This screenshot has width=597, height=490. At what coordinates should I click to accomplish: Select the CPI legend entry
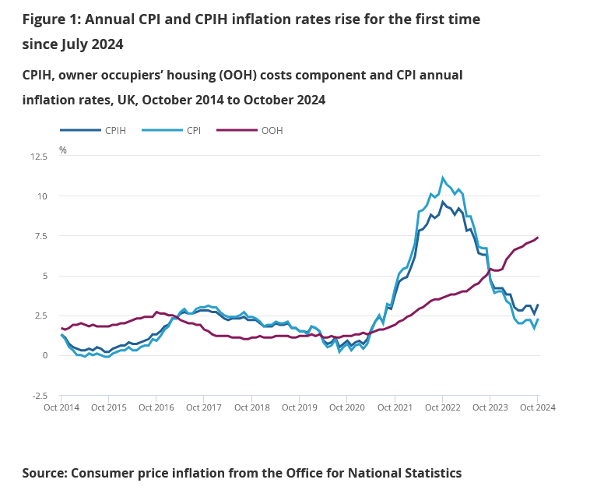[193, 130]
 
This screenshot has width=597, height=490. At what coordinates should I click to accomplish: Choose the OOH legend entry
[272, 130]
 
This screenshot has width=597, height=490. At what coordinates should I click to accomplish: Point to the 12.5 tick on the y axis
[38, 157]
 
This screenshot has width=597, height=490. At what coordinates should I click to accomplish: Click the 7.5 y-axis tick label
[40, 236]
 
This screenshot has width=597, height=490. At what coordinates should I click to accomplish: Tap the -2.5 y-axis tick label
[39, 396]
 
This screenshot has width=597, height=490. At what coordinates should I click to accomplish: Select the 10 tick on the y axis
[43, 196]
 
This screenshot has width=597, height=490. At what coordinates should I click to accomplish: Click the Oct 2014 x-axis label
[61, 407]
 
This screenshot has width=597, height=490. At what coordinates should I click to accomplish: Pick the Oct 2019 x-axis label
[299, 407]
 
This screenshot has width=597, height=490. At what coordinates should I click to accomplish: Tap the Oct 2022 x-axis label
[442, 407]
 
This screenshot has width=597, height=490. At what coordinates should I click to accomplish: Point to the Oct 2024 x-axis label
[537, 407]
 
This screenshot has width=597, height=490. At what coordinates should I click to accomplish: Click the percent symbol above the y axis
[63, 150]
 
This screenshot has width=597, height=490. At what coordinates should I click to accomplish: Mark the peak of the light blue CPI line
[443, 178]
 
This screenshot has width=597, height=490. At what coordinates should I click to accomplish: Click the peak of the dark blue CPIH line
[443, 202]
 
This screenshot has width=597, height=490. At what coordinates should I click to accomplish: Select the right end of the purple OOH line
[537, 238]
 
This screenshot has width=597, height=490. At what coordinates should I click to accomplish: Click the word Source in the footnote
[44, 472]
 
